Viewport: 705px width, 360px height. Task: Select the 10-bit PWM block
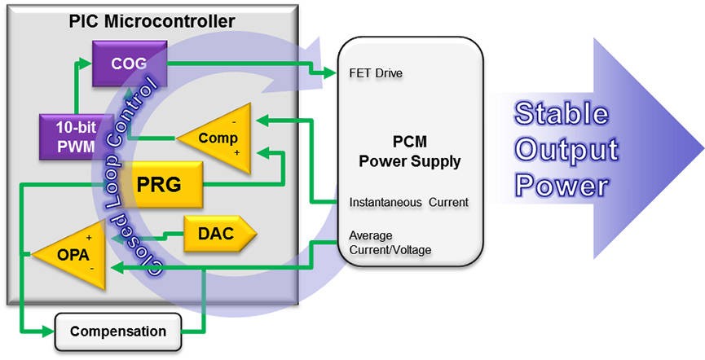[x=67, y=137]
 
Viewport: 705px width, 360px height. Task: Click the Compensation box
[x=118, y=331]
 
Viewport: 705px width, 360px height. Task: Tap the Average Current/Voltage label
[x=390, y=243]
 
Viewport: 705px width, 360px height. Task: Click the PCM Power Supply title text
[x=410, y=153]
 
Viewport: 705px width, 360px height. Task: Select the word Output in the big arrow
[x=566, y=150]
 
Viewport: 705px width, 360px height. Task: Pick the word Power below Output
[x=562, y=186]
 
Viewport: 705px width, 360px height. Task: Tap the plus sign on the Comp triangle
[x=236, y=152]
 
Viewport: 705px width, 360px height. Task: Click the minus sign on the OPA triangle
[x=91, y=267]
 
